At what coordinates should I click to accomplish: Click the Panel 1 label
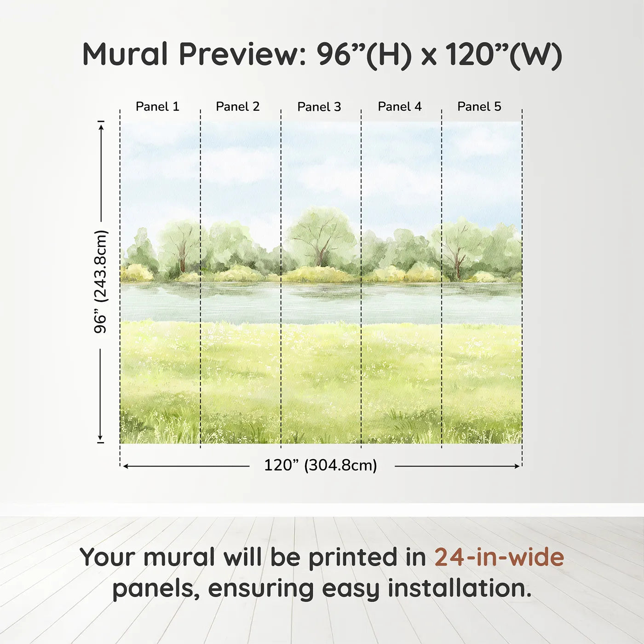[x=157, y=106]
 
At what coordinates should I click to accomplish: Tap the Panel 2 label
[x=238, y=106]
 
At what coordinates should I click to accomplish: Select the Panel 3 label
[x=319, y=107]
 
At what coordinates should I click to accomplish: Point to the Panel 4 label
[x=400, y=106]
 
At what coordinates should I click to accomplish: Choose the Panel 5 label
[x=479, y=106]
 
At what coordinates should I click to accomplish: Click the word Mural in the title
[x=125, y=54]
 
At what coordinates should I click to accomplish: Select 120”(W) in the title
[x=504, y=54]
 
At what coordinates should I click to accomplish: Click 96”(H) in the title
[x=363, y=54]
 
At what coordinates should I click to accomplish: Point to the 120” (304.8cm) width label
[x=321, y=465]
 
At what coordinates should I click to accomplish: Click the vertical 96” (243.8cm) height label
[x=100, y=282]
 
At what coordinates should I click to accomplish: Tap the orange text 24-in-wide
[x=499, y=557]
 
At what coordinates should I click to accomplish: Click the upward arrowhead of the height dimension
[x=101, y=126]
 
